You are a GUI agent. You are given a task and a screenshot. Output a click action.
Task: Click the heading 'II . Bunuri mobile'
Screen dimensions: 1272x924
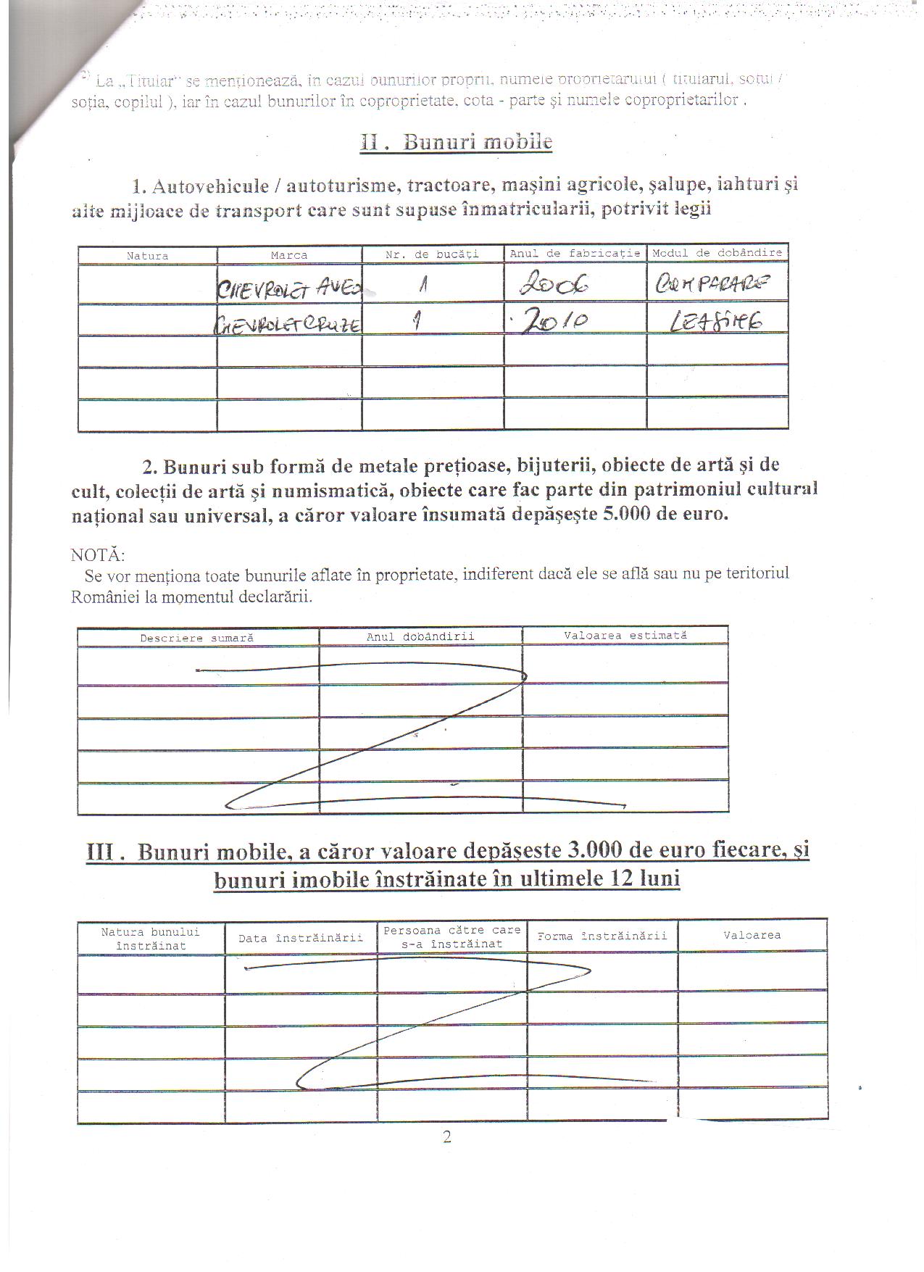pos(456,141)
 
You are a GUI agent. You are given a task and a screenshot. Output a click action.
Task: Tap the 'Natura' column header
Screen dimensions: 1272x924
pos(147,256)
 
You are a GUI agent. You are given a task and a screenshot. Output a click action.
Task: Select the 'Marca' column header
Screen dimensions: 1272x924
pos(289,255)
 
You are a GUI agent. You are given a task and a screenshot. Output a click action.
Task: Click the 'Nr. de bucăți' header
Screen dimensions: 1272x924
pos(432,254)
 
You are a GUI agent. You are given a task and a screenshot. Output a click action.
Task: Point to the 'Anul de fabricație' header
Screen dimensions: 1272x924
pos(575,253)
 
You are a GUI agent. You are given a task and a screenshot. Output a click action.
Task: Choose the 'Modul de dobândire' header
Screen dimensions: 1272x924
pos(717,252)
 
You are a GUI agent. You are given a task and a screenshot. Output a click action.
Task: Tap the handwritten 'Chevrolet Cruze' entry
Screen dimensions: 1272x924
pos(288,325)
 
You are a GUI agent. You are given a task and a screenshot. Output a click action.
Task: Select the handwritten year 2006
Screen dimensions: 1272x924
pos(554,286)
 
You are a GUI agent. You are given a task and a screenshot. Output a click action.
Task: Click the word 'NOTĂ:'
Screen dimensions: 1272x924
pos(98,555)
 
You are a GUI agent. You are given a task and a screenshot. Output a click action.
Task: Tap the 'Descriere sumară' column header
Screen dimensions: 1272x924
pos(196,638)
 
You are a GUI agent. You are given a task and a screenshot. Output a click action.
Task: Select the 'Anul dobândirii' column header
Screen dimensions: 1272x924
pos(420,636)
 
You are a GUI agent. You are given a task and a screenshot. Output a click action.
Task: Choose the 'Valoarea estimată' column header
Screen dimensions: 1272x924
pos(625,635)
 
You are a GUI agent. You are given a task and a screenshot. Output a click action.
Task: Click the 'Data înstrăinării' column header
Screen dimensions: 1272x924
pos(300,938)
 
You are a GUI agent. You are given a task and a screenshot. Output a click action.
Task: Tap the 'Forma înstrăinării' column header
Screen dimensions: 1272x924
pos(602,936)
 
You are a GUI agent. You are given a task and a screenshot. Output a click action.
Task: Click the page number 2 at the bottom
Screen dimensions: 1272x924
pos(446,1136)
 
